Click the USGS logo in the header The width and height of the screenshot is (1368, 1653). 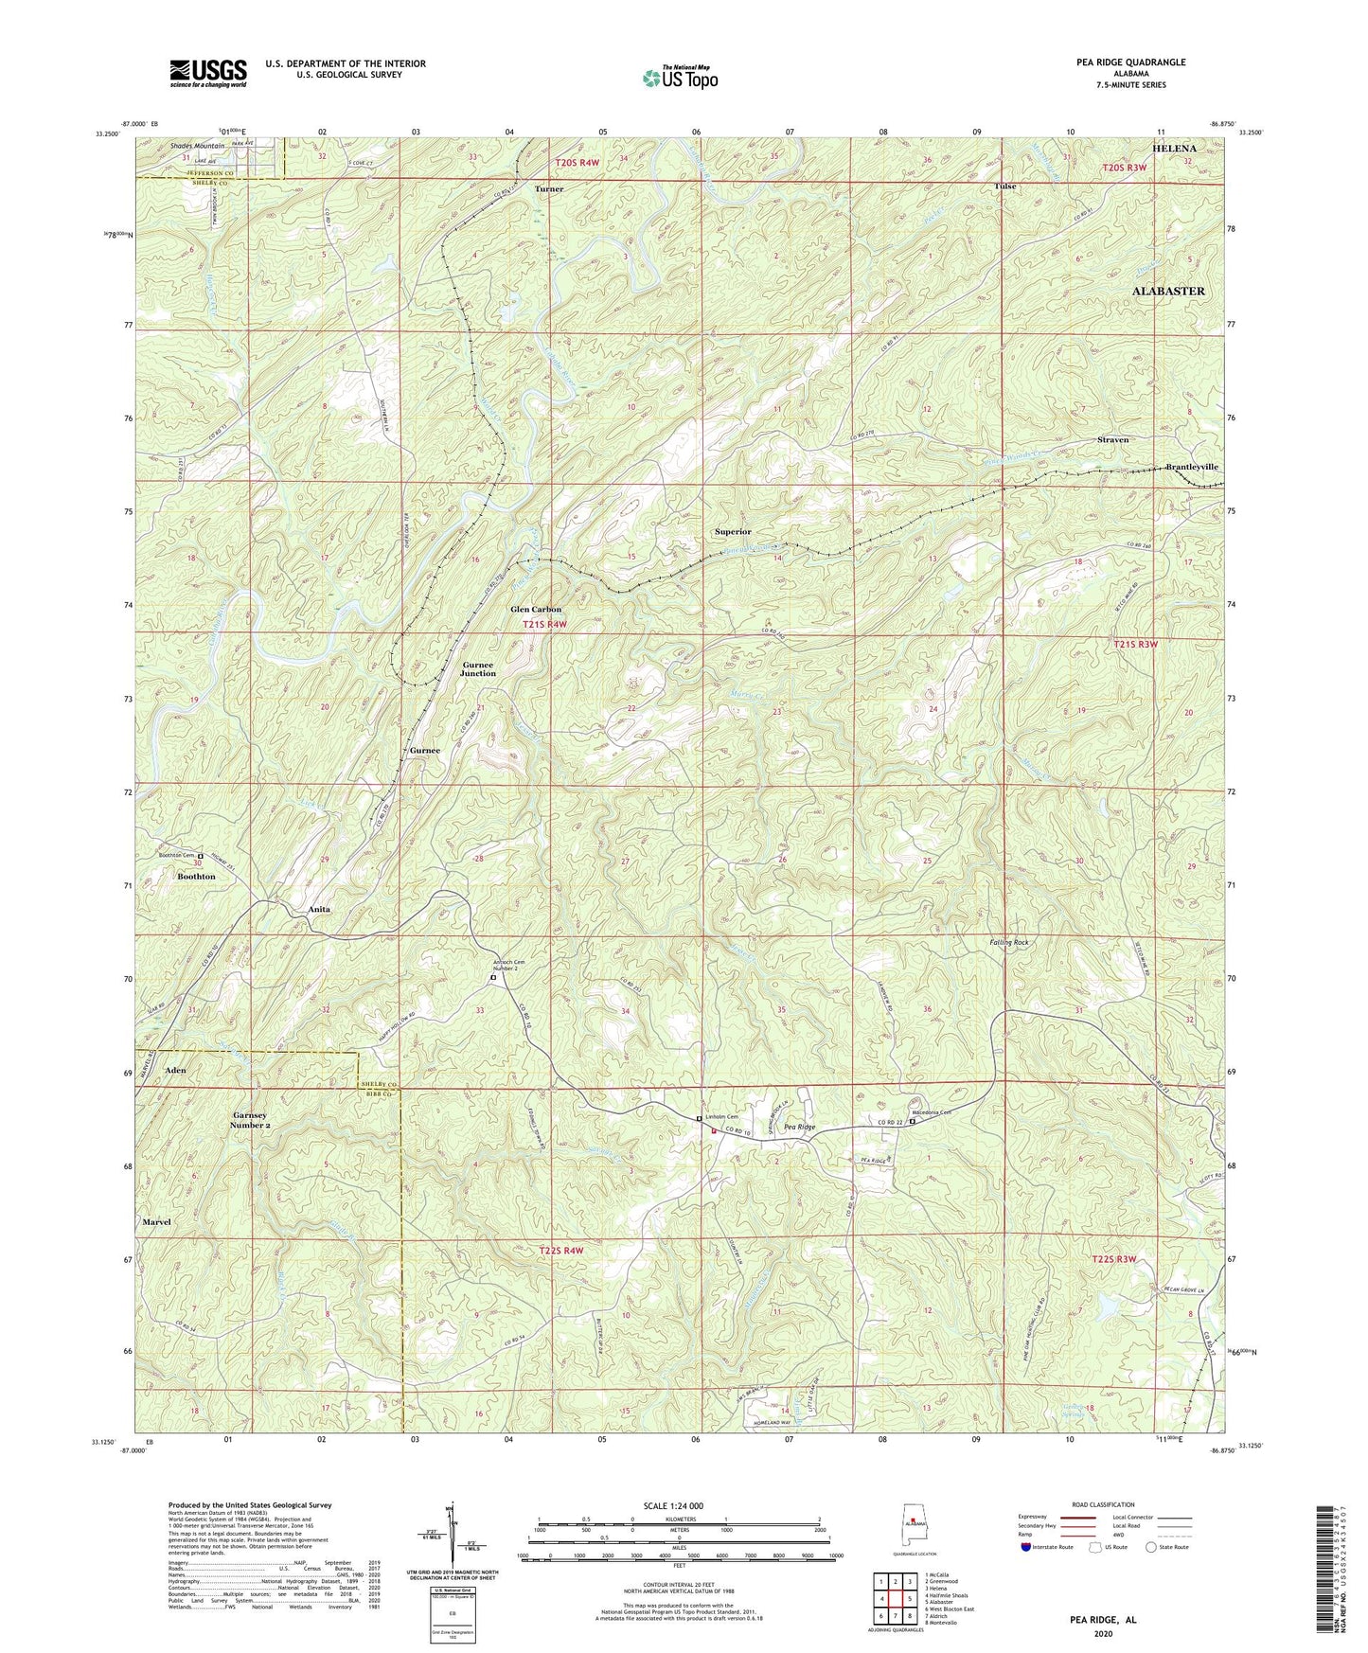coord(208,72)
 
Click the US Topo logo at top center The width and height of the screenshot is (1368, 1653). coord(679,78)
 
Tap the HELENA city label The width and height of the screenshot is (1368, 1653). coord(1173,149)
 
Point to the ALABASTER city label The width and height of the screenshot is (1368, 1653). coord(1168,291)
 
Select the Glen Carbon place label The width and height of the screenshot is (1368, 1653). coord(536,610)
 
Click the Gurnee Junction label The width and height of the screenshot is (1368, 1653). coord(478,668)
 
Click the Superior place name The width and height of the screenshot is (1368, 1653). coord(733,532)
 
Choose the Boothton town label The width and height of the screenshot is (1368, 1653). coord(197,877)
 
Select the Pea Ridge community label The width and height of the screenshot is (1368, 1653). coord(799,1128)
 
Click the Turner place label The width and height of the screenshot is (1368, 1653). coord(549,189)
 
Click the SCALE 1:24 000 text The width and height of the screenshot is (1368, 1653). coord(675,1506)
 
